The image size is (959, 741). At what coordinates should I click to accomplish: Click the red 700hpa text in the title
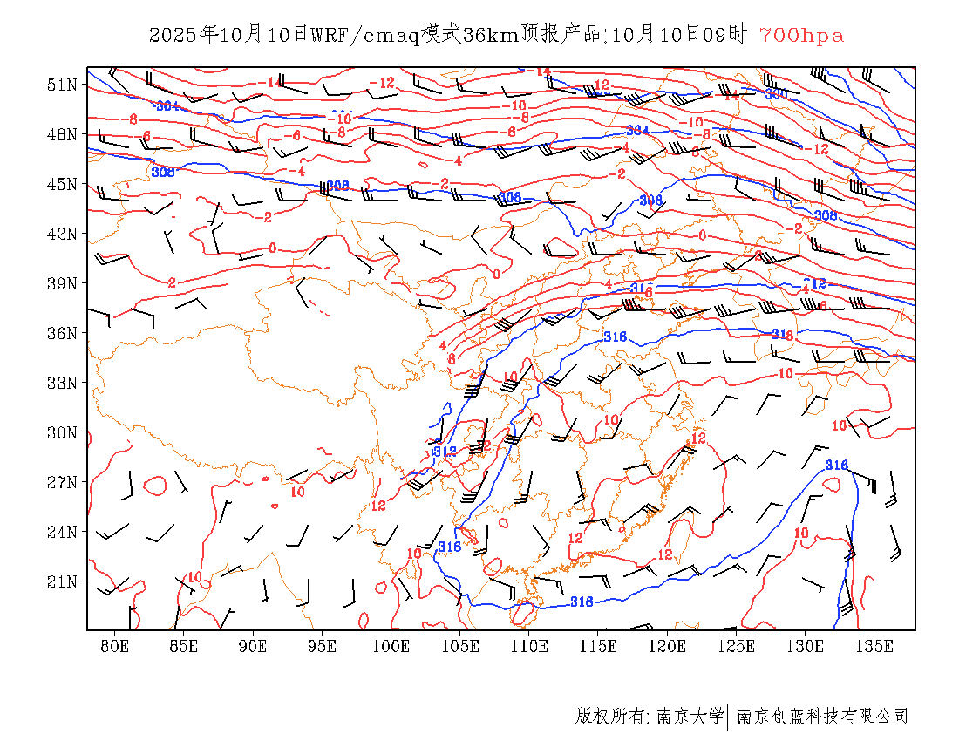click(x=801, y=35)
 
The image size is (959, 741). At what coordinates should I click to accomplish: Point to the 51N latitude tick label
click(x=62, y=85)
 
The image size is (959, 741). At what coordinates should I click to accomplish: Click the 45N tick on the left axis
click(x=62, y=184)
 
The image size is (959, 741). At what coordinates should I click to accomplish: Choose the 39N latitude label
click(x=62, y=283)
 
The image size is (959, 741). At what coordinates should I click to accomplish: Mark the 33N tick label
click(x=62, y=383)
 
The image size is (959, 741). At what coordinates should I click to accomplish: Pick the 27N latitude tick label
click(x=62, y=482)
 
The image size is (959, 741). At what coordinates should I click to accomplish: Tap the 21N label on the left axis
click(x=62, y=581)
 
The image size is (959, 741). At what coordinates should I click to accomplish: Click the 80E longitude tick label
click(x=115, y=646)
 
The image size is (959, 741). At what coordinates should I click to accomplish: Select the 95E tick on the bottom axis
click(x=323, y=646)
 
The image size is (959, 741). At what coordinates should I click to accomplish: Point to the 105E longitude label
click(x=460, y=646)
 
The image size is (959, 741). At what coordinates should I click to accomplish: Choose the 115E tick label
click(x=599, y=646)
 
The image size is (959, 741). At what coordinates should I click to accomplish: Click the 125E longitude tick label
click(x=737, y=646)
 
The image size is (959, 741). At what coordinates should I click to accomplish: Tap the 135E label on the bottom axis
click(x=874, y=646)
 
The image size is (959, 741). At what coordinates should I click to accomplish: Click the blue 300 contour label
click(x=776, y=93)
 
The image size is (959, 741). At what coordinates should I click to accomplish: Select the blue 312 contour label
click(x=445, y=452)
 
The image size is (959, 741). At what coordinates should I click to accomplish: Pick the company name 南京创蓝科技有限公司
click(x=822, y=717)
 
